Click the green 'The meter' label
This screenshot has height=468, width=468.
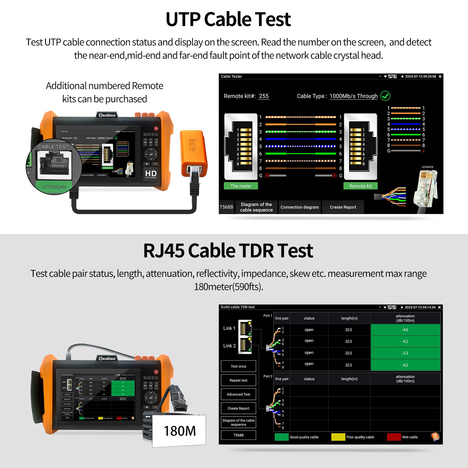pyautogui.click(x=241, y=186)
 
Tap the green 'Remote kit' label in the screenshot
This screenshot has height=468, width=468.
pyautogui.click(x=360, y=186)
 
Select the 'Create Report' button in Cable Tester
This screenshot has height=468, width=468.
pyautogui.click(x=343, y=207)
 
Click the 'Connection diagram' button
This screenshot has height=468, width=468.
pyautogui.click(x=300, y=207)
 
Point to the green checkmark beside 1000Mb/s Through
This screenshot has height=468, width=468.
pyautogui.click(x=385, y=96)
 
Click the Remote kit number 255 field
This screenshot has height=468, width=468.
pyautogui.click(x=264, y=96)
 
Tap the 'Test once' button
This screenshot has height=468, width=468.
pyautogui.click(x=238, y=366)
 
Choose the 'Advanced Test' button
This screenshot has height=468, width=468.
pyautogui.click(x=238, y=394)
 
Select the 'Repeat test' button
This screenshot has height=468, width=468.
pyautogui.click(x=238, y=380)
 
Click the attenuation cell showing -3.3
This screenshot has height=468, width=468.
pyautogui.click(x=405, y=353)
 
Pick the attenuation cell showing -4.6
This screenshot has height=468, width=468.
pyautogui.click(x=405, y=330)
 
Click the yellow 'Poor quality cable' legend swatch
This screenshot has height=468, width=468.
pyautogui.click(x=338, y=437)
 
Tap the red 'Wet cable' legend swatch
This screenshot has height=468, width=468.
pyautogui.click(x=394, y=437)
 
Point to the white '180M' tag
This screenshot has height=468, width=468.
pyautogui.click(x=179, y=431)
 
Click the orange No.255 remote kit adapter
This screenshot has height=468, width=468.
pyautogui.click(x=193, y=152)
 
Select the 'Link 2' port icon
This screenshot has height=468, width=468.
pyautogui.click(x=245, y=345)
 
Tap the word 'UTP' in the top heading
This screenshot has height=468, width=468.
pyautogui.click(x=183, y=19)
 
